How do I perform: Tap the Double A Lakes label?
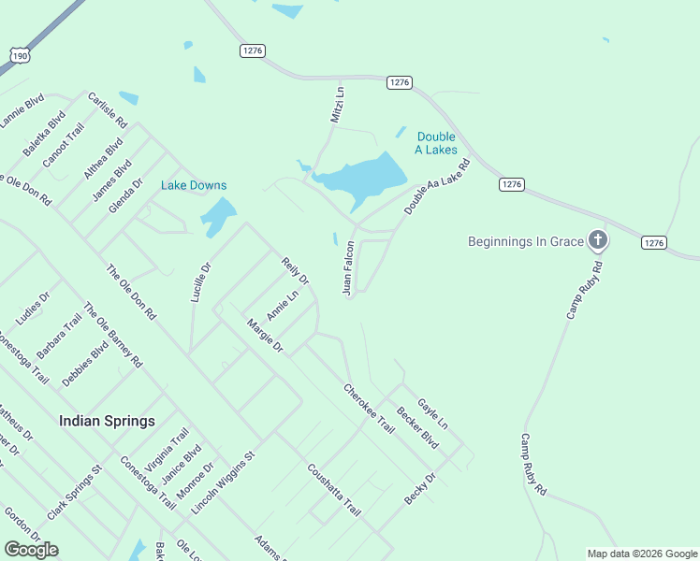[x=436, y=143]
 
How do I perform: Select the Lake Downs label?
[x=194, y=185]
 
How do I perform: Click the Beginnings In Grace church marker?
[x=598, y=241]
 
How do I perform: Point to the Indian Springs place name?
[x=107, y=421]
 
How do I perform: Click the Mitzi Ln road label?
[x=338, y=105]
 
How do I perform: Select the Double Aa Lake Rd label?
[x=436, y=187]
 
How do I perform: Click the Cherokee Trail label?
[x=369, y=408]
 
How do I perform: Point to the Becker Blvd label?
[x=417, y=426]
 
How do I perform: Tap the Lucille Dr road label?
[x=201, y=281]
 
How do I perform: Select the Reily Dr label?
[x=295, y=272]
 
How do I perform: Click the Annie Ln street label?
[x=282, y=305]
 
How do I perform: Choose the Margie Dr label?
[x=265, y=336]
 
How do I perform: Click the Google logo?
[x=31, y=550]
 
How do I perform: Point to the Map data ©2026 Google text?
[x=641, y=554]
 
